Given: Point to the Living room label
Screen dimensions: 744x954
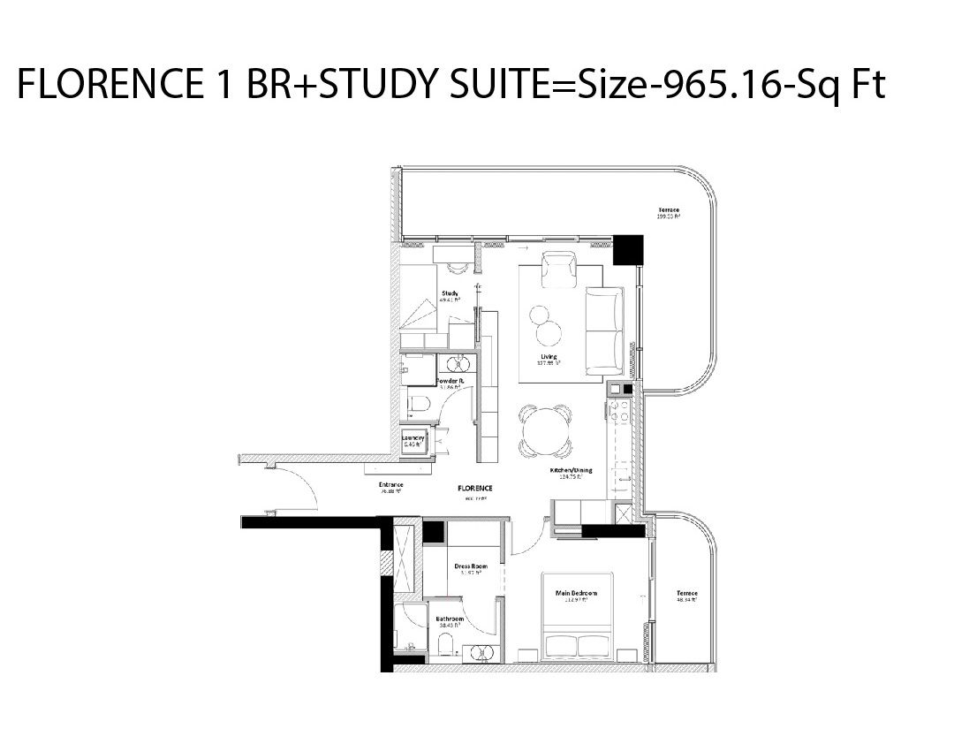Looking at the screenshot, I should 549,357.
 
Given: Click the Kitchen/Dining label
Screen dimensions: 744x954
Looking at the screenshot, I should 571,470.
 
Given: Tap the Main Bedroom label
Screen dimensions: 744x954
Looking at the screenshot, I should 576,593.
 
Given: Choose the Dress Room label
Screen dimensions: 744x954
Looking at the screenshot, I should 471,566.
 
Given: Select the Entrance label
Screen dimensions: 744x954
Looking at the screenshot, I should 390,484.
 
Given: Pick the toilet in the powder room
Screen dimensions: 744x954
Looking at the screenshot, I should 419,406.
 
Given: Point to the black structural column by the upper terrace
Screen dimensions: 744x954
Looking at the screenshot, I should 629,250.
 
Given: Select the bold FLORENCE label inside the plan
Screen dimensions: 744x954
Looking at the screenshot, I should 475,488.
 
